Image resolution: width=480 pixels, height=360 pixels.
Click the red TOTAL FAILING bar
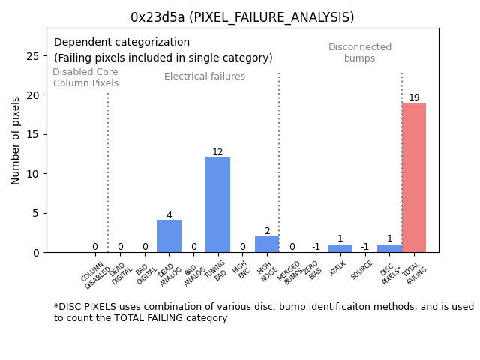414,178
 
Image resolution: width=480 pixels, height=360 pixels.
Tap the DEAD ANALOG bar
169,236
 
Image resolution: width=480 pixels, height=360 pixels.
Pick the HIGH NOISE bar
267,244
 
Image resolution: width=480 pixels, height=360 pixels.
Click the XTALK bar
340,248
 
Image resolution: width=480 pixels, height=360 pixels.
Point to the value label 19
414,97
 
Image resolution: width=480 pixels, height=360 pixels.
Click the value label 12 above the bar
217,152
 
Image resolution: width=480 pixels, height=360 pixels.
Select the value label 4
169,215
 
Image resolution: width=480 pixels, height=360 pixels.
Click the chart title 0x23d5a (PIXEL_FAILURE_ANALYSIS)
242,17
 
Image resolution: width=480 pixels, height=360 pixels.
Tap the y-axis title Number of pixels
16,140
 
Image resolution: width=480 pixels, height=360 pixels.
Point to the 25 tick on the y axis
34,56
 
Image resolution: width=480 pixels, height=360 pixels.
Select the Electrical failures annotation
205,76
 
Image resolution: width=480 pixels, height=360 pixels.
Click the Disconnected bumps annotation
360,53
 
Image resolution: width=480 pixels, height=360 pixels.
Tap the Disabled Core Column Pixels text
85,78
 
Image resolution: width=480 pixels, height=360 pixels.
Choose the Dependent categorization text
121,43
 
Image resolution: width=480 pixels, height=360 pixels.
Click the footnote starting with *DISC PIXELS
263,312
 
